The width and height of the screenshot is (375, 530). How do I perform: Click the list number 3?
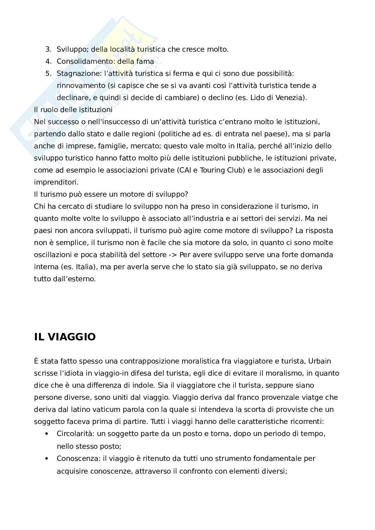click(x=48, y=49)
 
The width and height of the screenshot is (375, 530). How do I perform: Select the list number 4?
click(x=48, y=61)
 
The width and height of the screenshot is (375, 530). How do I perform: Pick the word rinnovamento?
click(x=81, y=86)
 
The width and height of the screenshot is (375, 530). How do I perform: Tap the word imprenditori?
click(x=56, y=182)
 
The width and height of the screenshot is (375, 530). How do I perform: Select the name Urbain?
click(x=320, y=361)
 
